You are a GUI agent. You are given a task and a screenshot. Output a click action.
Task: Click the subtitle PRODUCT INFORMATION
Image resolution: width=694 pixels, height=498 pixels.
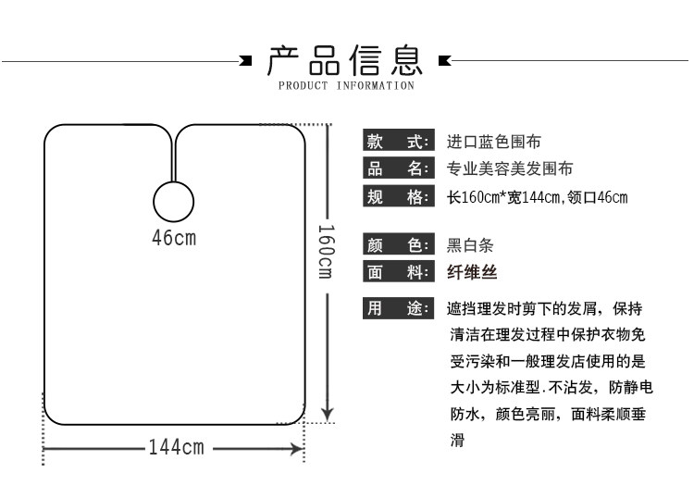coord(346,86)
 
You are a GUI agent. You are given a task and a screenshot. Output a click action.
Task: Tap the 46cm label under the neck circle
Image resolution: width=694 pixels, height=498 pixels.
coord(174,237)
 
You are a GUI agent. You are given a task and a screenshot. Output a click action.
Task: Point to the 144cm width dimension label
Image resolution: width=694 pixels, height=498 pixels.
coord(176,449)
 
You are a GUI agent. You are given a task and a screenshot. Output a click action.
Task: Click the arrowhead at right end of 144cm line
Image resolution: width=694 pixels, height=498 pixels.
coord(298,449)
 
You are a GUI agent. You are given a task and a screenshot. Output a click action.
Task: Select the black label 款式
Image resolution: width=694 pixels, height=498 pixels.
coord(398,142)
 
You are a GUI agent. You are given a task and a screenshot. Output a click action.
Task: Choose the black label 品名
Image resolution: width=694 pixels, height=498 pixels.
coord(398,168)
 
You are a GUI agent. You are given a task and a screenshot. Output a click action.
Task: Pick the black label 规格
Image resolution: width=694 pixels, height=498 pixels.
coord(398,196)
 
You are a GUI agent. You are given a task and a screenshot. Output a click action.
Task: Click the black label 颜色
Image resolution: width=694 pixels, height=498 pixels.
coord(398,245)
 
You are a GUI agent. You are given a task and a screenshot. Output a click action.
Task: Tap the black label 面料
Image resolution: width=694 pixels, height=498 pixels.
coord(398,272)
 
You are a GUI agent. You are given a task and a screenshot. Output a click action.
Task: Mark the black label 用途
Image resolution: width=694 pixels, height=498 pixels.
coord(398,308)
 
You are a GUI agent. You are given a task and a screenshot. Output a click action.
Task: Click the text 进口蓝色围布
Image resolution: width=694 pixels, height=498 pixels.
coord(494,142)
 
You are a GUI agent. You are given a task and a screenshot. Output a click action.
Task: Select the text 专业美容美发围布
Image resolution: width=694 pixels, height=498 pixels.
coord(510,168)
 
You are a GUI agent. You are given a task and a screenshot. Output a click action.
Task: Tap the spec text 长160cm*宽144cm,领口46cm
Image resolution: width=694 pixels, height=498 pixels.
coord(538,197)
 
